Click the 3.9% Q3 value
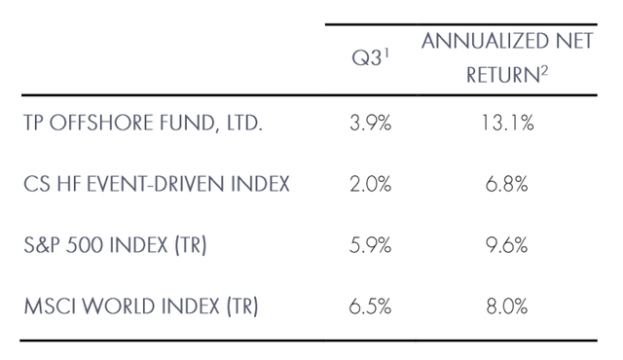coord(370,124)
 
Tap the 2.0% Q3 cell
coord(370,184)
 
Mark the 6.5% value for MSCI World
coord(370,306)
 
